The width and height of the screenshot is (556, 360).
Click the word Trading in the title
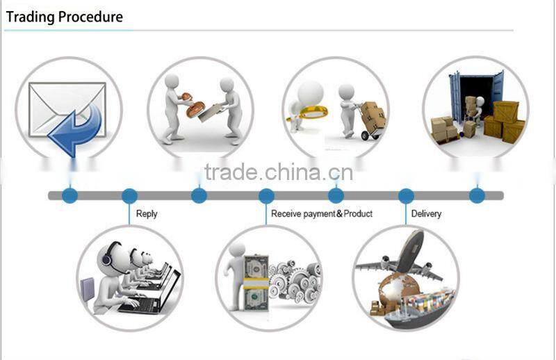pyautogui.click(x=31, y=17)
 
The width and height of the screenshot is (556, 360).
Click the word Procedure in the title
pyautogui.click(x=91, y=17)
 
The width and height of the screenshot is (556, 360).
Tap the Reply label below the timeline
pyautogui.click(x=147, y=214)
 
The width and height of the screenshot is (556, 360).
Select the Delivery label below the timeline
pyautogui.click(x=426, y=213)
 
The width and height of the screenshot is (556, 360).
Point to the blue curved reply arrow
pyautogui.click(x=76, y=129)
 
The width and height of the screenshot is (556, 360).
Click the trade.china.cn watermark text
pyautogui.click(x=279, y=172)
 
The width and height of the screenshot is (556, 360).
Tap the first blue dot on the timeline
pyautogui.click(x=70, y=196)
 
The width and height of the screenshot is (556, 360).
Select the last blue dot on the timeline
pyautogui.click(x=477, y=196)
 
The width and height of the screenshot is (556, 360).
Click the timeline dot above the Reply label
pyautogui.click(x=129, y=196)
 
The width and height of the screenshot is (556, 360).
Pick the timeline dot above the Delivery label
pyautogui.click(x=406, y=196)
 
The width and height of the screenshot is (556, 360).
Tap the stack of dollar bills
pyautogui.click(x=256, y=283)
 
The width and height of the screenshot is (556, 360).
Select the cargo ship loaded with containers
pyautogui.click(x=418, y=308)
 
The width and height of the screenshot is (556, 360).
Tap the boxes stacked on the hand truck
pyautogui.click(x=373, y=115)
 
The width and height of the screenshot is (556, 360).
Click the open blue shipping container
pyautogui.click(x=477, y=93)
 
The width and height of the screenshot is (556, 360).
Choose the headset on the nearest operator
pyautogui.click(x=109, y=254)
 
